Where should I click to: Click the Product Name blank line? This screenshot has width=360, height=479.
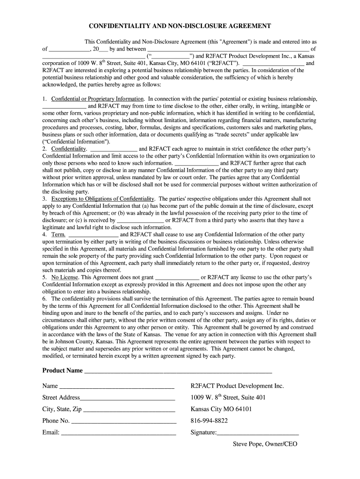(x=178, y=372)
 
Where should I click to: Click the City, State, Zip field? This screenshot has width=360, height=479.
(x=129, y=410)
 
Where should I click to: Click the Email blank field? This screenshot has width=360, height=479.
(x=119, y=434)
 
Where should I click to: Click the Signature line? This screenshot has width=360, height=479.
(x=258, y=434)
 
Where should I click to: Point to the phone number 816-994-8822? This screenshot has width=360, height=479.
(x=209, y=421)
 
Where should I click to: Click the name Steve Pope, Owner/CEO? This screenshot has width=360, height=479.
(x=265, y=444)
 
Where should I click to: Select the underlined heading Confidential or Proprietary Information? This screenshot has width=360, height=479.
(x=97, y=99)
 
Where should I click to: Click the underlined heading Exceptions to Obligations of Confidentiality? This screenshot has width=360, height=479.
(x=102, y=199)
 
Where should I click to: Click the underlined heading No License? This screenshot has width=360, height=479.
(x=65, y=277)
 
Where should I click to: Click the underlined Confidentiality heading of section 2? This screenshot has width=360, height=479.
(x=69, y=149)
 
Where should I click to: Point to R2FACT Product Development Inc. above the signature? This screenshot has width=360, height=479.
(x=237, y=386)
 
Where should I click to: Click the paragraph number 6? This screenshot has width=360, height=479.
(x=44, y=298)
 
